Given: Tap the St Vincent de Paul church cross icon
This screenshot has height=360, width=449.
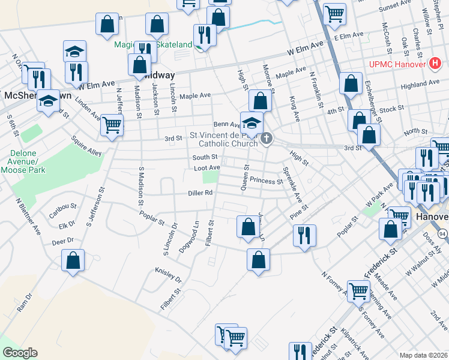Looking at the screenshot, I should (x=267, y=139).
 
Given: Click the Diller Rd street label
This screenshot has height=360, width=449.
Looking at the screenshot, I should (x=201, y=193).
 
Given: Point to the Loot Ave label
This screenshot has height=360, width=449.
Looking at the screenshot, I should (x=206, y=167).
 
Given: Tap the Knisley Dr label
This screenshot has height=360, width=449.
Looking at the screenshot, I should (x=168, y=275).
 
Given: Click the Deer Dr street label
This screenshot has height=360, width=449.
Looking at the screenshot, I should (x=62, y=241).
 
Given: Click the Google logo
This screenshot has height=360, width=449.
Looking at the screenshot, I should (x=20, y=352).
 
